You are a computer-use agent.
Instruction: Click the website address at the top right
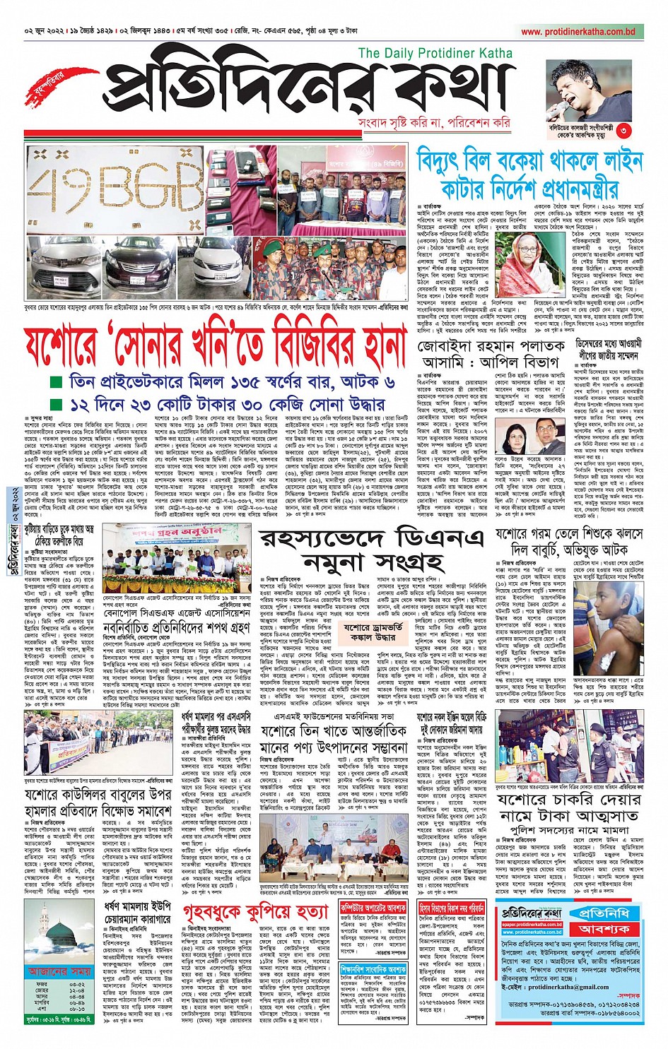point(578,32)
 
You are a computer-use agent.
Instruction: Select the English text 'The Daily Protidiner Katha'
point(435,53)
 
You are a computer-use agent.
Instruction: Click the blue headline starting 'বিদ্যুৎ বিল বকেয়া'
point(529,174)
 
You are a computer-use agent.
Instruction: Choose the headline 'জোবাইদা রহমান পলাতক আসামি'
point(491,355)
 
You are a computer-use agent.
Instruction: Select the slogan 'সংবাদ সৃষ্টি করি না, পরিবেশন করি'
point(434,123)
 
